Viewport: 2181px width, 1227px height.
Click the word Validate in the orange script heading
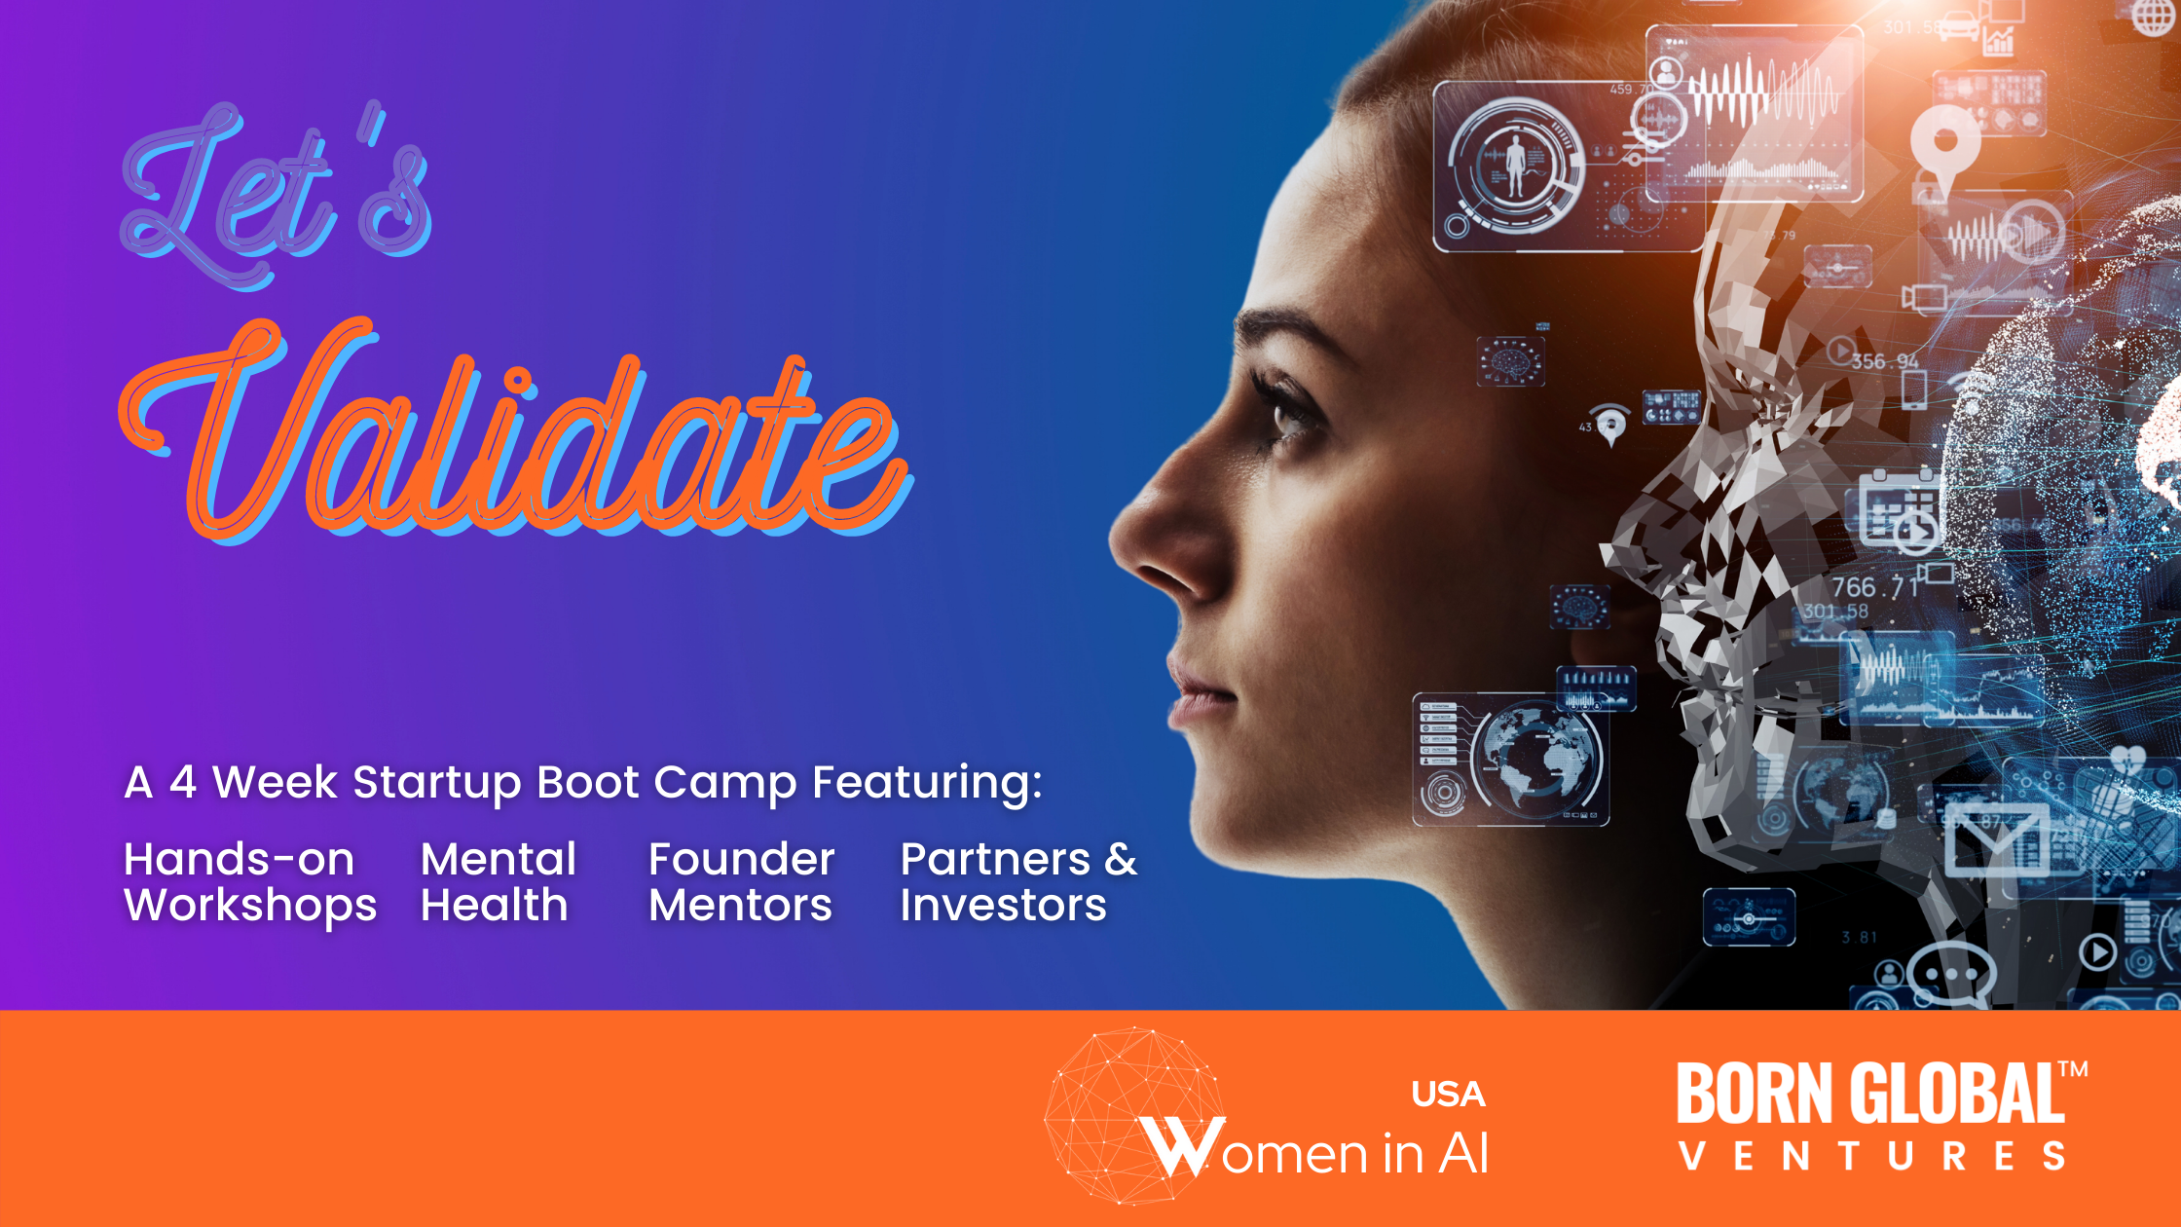(x=516, y=433)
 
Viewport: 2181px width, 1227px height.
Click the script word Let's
(x=277, y=195)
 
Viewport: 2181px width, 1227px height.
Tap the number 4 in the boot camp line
(x=183, y=782)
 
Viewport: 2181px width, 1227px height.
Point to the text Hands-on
(x=239, y=860)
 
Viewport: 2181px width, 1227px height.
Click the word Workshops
(x=250, y=907)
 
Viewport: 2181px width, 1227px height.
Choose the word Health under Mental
(x=494, y=906)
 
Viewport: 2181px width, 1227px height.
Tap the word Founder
(x=741, y=860)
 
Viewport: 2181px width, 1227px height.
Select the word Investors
(x=1003, y=906)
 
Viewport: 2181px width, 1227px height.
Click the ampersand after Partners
(x=1121, y=860)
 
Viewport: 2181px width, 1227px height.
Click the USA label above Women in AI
(x=1448, y=1095)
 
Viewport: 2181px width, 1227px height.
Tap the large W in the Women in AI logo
(x=1182, y=1146)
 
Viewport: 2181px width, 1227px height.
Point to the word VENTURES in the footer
(x=1871, y=1156)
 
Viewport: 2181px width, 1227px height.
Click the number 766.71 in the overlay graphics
(x=1874, y=587)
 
